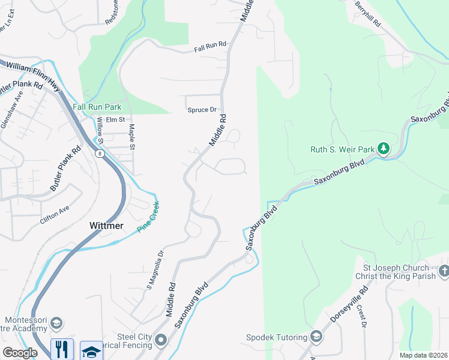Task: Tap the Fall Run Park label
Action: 97,107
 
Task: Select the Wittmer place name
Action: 106,226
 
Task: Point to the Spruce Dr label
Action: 202,110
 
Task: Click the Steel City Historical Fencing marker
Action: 160,341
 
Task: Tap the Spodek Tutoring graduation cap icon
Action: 316,337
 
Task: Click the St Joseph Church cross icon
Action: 444,271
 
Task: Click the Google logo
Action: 20,353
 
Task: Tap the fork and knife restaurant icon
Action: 62,350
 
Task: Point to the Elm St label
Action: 115,120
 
